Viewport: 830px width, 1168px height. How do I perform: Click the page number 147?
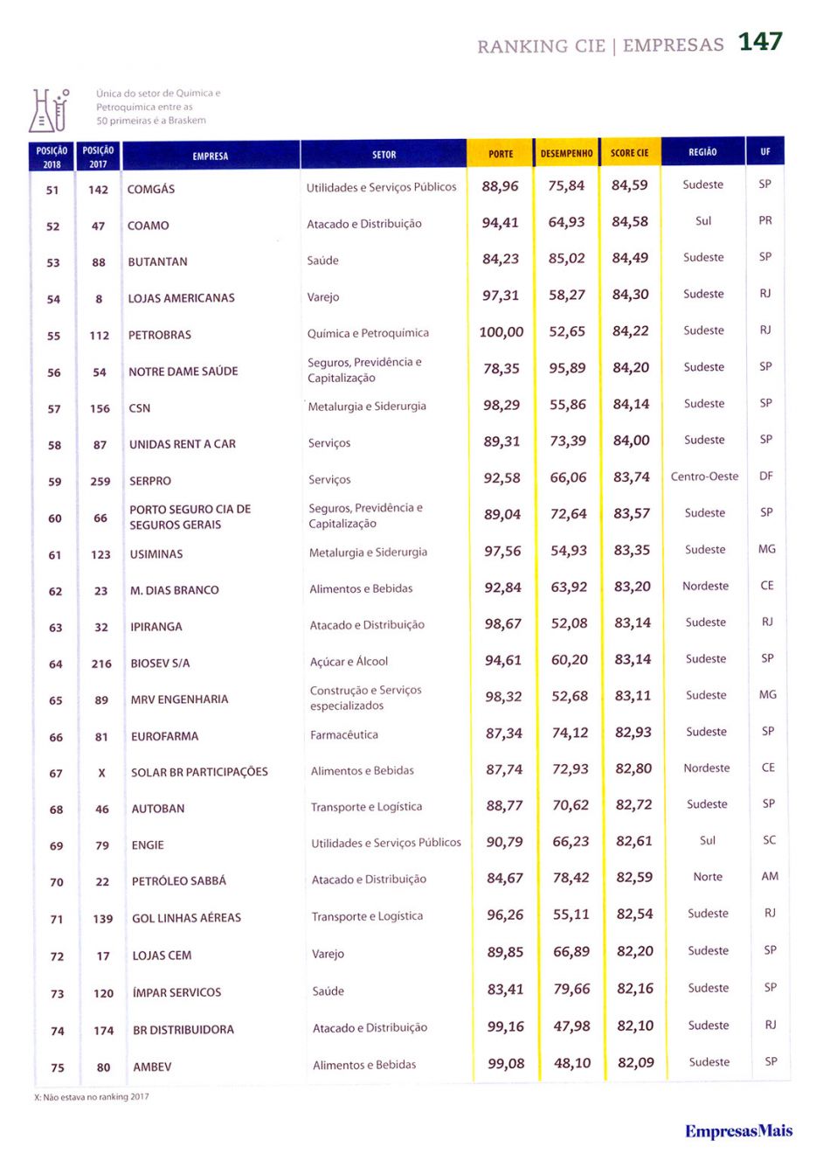tap(759, 42)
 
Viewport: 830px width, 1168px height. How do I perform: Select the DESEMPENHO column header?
tap(566, 154)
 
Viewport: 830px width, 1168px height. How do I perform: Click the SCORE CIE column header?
tap(629, 154)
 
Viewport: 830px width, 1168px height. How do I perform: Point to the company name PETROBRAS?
tap(160, 335)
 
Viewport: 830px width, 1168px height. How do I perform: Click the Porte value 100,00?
tap(501, 332)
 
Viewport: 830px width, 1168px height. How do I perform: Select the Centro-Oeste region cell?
tap(704, 476)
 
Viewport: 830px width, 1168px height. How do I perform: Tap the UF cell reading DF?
tap(766, 476)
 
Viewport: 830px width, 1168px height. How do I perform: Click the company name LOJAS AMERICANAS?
tap(182, 298)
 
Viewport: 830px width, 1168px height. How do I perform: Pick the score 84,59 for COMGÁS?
tap(630, 185)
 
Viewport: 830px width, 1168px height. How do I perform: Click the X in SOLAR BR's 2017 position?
tap(101, 773)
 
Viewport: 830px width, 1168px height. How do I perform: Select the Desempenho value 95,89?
tap(567, 369)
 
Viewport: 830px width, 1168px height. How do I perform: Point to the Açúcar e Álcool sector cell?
tap(349, 662)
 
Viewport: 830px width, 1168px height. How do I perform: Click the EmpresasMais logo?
tap(738, 1131)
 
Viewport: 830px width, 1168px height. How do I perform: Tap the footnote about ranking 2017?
tap(92, 1096)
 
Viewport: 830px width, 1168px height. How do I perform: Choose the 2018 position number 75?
tap(58, 1067)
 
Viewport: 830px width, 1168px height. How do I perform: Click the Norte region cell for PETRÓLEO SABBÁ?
tap(708, 877)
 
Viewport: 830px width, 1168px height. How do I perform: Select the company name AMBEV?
tap(152, 1067)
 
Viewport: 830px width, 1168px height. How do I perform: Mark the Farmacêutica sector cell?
tap(344, 735)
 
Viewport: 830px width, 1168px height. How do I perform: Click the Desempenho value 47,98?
tap(571, 1026)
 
